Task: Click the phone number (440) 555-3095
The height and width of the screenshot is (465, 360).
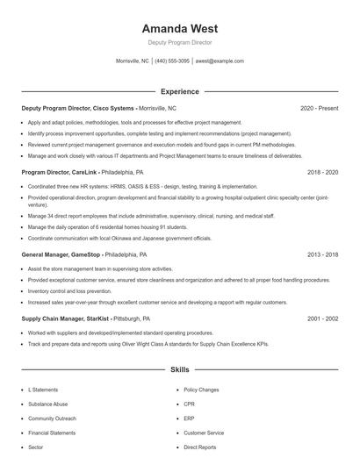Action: coord(173,61)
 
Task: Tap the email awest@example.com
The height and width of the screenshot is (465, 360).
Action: coord(220,61)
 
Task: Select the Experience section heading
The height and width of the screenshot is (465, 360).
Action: coord(179,91)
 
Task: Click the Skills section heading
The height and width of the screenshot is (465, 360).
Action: coord(179,371)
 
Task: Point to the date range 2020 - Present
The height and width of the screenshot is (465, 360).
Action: coord(319,108)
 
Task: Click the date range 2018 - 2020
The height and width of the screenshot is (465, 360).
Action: coord(322,173)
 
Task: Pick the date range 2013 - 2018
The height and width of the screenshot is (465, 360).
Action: coord(322,254)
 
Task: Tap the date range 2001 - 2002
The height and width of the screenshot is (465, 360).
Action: coord(322,318)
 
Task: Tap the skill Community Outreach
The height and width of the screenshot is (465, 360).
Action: coord(52,418)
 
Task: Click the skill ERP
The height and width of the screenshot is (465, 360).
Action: coord(189,418)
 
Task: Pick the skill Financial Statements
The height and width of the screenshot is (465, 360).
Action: coord(52,433)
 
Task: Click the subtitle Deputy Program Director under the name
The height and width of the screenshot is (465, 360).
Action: coord(179,42)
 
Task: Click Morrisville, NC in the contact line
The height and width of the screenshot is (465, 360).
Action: coord(132,61)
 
